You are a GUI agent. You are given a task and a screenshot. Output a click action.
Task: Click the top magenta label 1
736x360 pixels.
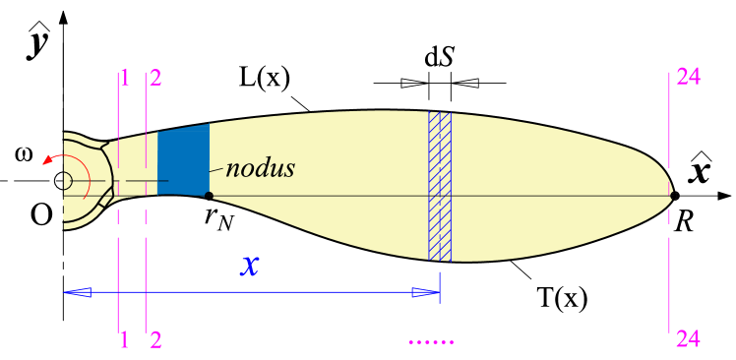point(125,78)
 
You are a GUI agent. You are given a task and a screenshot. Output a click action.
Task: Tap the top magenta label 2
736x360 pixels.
point(155,78)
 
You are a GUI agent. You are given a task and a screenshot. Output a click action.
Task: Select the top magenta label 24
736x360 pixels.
point(688,77)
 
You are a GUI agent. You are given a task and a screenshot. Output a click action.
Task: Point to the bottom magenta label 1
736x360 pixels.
point(124,340)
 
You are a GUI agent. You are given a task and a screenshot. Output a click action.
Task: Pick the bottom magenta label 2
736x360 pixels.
point(155,340)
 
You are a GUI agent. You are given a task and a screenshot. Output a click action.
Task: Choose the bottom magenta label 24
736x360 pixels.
point(688,339)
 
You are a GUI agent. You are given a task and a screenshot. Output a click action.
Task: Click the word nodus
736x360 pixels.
point(260,168)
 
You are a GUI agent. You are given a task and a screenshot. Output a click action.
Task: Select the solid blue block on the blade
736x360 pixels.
point(183,160)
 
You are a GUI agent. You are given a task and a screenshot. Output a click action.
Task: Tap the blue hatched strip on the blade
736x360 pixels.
point(440,186)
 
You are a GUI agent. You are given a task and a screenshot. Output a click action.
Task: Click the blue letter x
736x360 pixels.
point(250,265)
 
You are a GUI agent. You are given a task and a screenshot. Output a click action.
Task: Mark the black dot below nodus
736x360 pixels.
point(209,196)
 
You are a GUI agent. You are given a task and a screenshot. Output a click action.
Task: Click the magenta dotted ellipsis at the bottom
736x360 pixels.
point(431,342)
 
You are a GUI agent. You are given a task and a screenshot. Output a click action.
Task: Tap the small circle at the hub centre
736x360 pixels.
point(66,181)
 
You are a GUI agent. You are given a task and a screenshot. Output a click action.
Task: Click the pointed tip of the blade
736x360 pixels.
point(672,196)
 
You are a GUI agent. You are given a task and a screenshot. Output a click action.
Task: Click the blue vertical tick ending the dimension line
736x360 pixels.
point(439,288)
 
